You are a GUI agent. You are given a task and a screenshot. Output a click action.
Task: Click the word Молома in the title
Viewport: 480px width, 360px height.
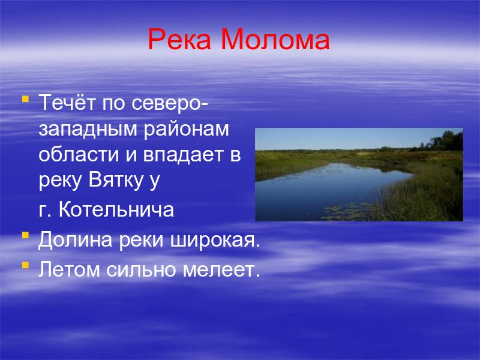pyautogui.click(x=275, y=39)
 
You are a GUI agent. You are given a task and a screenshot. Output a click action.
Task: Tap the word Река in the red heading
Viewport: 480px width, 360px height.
pyautogui.click(x=179, y=39)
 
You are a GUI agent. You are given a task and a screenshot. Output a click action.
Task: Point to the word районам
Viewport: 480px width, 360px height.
pyautogui.click(x=186, y=130)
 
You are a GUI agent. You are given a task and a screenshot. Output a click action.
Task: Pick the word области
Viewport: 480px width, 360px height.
pyautogui.click(x=79, y=155)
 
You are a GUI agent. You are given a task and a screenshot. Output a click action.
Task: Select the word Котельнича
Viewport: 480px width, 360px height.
pyautogui.click(x=116, y=209)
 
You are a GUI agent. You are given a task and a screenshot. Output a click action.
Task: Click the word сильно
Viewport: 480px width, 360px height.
pyautogui.click(x=142, y=269)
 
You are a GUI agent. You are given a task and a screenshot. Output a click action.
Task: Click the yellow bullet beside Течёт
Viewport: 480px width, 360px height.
pyautogui.click(x=26, y=99)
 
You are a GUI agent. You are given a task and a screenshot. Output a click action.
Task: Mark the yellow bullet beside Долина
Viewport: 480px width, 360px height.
pyautogui.click(x=26, y=235)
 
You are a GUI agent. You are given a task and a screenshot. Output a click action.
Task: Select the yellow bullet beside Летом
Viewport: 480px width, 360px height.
pyautogui.click(x=26, y=265)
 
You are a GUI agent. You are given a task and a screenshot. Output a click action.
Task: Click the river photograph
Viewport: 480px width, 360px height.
pyautogui.click(x=359, y=175)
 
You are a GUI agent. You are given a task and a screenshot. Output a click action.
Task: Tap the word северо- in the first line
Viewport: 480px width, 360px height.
pyautogui.click(x=170, y=103)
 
